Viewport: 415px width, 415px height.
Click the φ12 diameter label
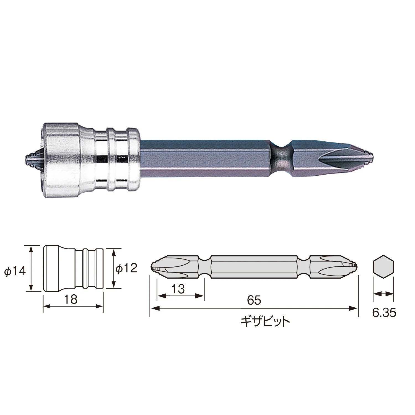(126, 268)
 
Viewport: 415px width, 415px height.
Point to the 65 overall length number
(254, 300)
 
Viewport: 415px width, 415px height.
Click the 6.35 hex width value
(384, 313)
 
